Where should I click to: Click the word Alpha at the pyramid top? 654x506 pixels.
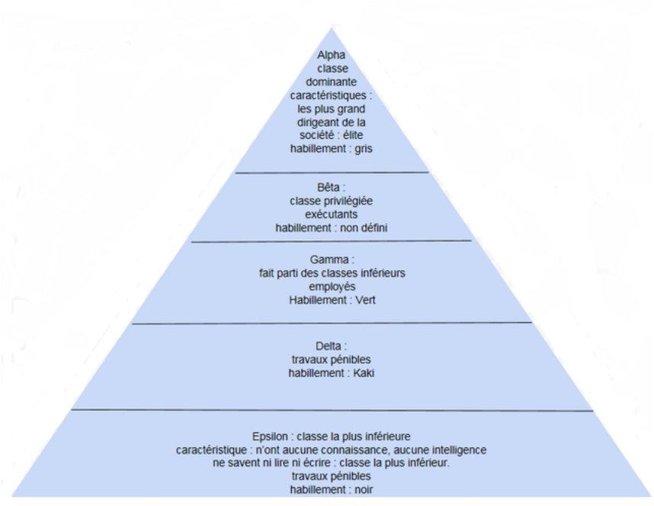(332, 54)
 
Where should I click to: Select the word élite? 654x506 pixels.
(354, 135)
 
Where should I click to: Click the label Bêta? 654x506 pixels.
(330, 187)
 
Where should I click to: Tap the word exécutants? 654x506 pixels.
(332, 214)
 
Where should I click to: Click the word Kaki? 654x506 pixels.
(363, 373)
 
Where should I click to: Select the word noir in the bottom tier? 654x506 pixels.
(361, 491)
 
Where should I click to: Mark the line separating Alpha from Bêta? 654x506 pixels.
(332, 173)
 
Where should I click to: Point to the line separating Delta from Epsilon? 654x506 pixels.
(332, 411)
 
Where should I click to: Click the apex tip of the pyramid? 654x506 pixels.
(332, 28)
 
